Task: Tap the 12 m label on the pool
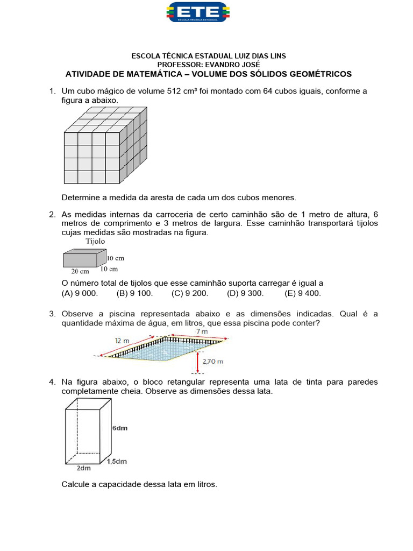(123, 340)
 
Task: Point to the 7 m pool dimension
(203, 333)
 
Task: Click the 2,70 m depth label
(213, 362)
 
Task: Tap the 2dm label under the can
(84, 468)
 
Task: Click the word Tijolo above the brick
(95, 242)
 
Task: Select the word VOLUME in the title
(227, 74)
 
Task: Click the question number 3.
(52, 314)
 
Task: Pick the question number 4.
(52, 382)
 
